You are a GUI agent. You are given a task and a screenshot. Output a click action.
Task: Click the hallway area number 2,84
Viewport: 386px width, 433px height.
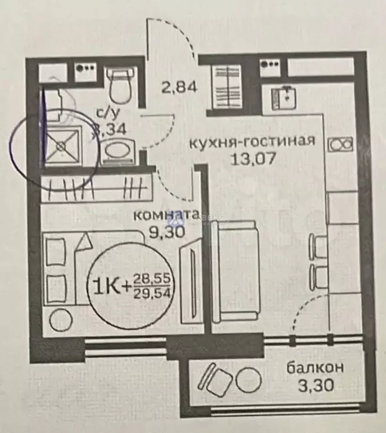click(179, 89)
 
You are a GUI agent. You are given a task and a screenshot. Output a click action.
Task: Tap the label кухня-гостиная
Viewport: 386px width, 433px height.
click(251, 141)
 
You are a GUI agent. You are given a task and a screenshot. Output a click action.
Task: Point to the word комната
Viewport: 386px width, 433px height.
click(166, 214)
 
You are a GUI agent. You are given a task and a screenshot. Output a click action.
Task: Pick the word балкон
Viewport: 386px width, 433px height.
click(315, 368)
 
